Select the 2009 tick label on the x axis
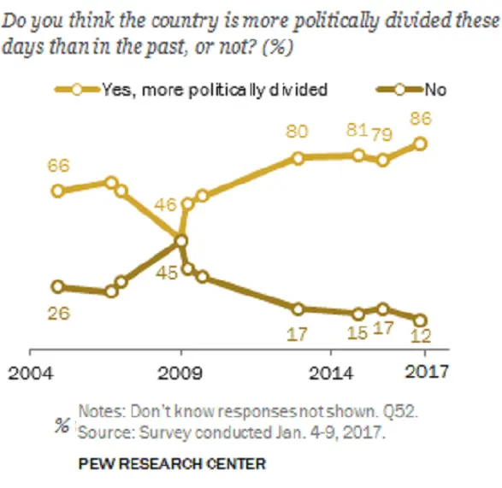click(x=180, y=373)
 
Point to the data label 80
click(x=298, y=132)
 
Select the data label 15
click(x=358, y=333)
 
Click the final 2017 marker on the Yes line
click(x=420, y=144)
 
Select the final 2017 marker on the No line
click(x=419, y=320)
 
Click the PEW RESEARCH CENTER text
click(x=171, y=464)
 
